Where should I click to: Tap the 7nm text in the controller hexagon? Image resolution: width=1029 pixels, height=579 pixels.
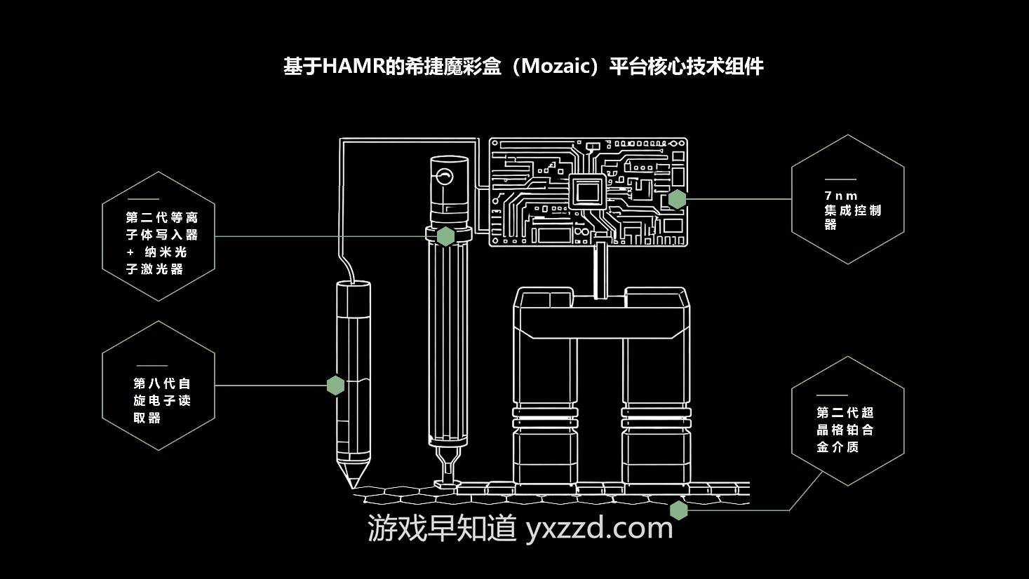[x=841, y=196]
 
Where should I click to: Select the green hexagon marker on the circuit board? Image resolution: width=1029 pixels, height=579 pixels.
[x=676, y=199]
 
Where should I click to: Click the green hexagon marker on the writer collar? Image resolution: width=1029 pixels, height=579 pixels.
[x=445, y=236]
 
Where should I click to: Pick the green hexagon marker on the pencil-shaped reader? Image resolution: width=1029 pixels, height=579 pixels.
[x=335, y=385]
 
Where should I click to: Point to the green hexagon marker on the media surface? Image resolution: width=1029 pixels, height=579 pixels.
[x=678, y=510]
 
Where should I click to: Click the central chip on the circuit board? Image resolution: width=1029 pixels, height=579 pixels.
[x=588, y=191]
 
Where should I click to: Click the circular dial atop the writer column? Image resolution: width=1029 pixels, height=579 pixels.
[x=443, y=175]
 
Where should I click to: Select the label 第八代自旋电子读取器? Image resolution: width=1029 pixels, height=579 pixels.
[x=162, y=400]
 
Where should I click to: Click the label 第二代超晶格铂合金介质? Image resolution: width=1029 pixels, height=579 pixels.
[x=845, y=429]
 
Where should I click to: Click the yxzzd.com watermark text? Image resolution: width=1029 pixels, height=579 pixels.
[x=599, y=528]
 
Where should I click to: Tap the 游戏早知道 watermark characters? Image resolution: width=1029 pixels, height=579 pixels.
[x=443, y=528]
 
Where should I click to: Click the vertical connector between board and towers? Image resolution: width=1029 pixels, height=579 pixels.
[x=600, y=271]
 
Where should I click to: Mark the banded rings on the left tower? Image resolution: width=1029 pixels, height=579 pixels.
[x=546, y=418]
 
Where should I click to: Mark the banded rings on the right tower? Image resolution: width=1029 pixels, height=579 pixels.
[x=655, y=418]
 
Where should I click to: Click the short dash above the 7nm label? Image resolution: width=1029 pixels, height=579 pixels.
[x=840, y=179]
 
